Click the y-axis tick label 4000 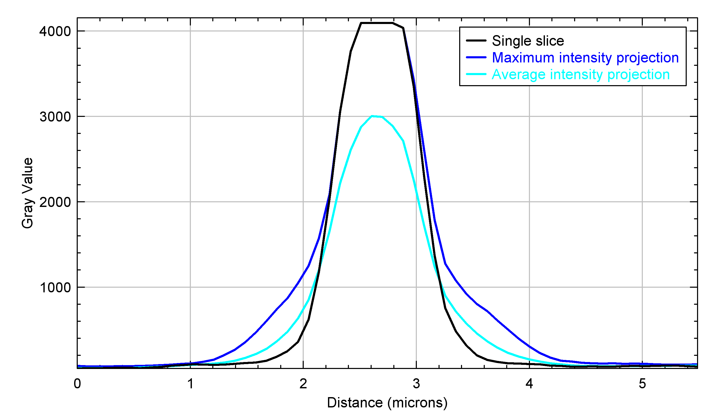55,31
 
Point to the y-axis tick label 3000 55,117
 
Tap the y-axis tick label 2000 55,203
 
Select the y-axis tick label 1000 55,288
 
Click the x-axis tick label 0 77,384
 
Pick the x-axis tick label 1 191,384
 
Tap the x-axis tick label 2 303,384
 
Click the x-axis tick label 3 416,384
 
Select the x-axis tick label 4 529,384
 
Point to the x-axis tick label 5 642,384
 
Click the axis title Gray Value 27,193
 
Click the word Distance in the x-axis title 355,403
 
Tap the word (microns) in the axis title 417,403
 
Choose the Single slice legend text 528,41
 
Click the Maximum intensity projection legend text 585,58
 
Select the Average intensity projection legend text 581,75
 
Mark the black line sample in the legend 476,41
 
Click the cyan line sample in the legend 476,74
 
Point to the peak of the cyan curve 372,116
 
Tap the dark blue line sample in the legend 476,57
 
